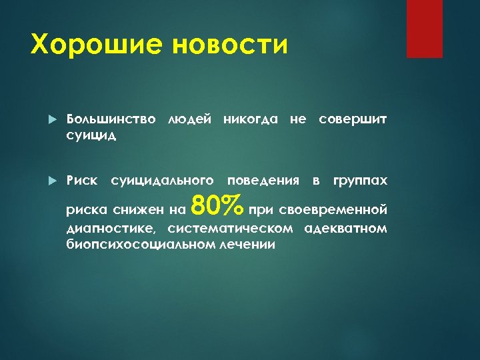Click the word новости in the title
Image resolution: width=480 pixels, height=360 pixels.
231,45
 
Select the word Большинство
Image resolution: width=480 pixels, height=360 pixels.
111,120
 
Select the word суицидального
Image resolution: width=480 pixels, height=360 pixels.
162,181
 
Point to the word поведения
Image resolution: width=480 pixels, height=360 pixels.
263,181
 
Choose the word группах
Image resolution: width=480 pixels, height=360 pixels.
360,181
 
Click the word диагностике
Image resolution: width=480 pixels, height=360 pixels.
110,229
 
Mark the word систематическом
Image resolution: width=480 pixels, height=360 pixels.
230,229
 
